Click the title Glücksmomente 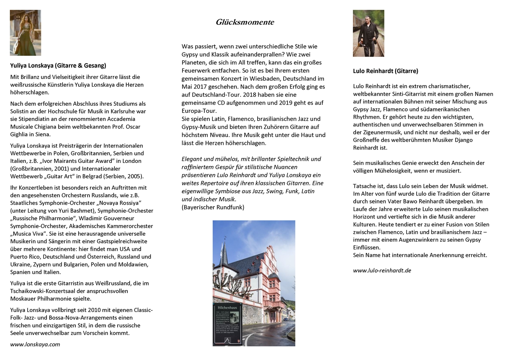tap(245, 22)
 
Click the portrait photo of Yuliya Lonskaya tap(25, 33)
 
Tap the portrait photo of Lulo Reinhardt tap(368, 33)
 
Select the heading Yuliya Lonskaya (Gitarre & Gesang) tap(58, 66)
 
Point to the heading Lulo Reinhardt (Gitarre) tap(385, 71)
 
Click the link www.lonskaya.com tap(35, 344)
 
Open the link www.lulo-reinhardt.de tap(382, 270)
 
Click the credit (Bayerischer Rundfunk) tap(213, 207)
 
